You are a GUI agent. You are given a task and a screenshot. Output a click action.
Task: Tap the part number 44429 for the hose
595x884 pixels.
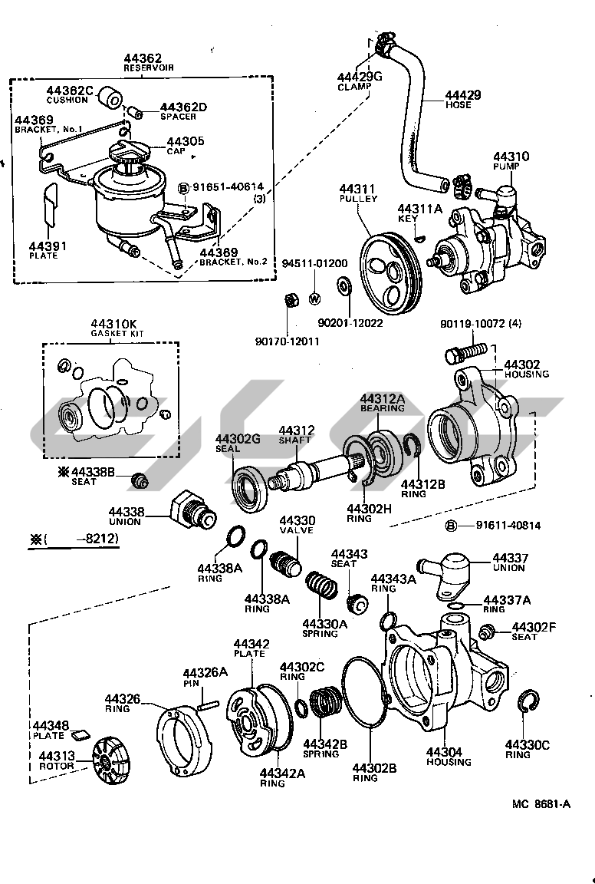coord(463,95)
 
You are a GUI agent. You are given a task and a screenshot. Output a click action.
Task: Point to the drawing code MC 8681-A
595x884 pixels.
coord(542,804)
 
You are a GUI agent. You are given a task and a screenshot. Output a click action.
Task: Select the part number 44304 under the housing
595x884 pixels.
coord(448,752)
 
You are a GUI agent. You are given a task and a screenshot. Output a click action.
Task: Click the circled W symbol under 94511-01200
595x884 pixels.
coord(314,298)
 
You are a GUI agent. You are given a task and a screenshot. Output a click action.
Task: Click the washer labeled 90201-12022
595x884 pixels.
coord(343,289)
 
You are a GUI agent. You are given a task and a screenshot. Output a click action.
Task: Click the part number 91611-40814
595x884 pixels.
coord(508,526)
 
